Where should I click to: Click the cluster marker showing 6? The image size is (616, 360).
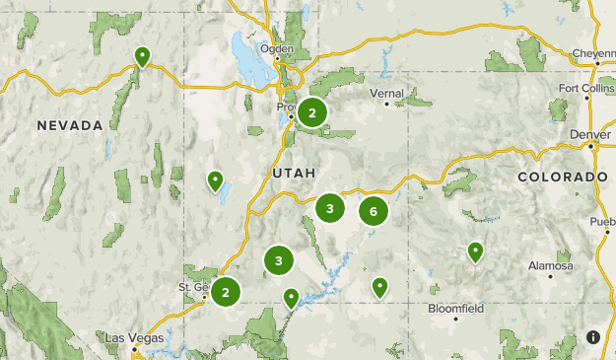(374, 210)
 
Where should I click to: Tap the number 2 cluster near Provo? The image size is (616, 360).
(312, 113)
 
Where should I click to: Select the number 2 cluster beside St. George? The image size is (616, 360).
(226, 291)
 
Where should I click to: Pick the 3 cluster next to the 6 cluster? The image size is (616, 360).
(330, 208)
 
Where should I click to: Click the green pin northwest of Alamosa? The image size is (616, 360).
(475, 252)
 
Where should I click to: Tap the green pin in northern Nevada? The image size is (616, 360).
(142, 56)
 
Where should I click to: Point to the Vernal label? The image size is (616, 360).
(379, 93)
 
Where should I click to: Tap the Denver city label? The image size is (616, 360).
(583, 134)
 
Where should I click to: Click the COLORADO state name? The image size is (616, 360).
(563, 177)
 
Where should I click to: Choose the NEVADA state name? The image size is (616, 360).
(70, 125)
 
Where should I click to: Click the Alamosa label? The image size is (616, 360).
(551, 266)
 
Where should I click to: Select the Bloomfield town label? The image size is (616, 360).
(456, 308)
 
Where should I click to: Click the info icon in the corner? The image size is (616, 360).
(592, 336)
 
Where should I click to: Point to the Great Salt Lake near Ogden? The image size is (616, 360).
(243, 49)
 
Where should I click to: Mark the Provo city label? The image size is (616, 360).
(286, 107)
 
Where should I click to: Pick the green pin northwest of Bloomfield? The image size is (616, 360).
(379, 286)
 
